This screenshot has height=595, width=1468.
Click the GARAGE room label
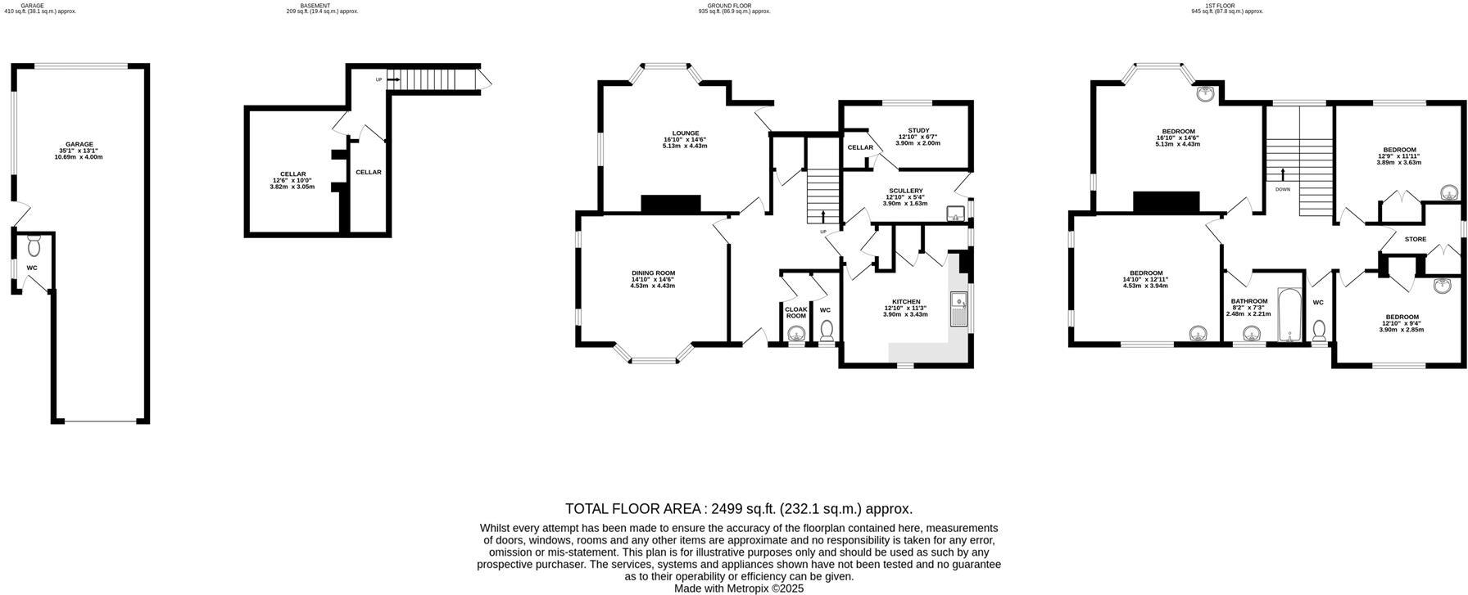[x=79, y=144]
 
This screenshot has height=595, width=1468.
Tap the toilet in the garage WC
[x=34, y=246]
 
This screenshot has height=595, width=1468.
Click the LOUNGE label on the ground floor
[x=685, y=133]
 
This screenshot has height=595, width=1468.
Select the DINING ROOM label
[x=653, y=273]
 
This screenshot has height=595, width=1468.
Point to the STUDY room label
[x=918, y=130]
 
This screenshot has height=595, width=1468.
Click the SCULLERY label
[x=905, y=191]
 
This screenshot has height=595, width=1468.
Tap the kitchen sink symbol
[x=958, y=309]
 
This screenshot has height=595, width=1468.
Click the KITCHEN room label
[x=905, y=301]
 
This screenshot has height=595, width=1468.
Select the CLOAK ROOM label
[x=795, y=312]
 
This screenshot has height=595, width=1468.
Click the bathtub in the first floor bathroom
[x=1289, y=314]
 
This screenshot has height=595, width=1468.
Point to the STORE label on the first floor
[x=1415, y=240]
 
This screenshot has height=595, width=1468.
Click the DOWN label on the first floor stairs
[x=1282, y=189]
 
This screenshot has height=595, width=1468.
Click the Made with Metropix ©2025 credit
[x=738, y=588]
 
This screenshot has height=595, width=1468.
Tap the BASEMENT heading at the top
[x=315, y=6]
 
